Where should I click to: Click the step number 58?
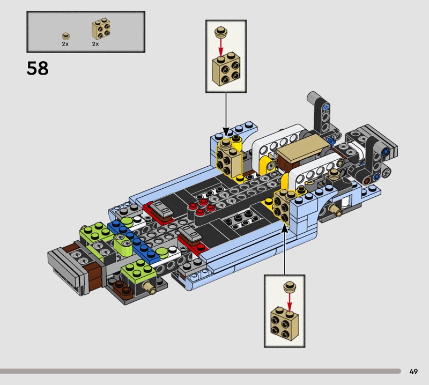[38, 68]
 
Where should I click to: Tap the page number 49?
[413, 371]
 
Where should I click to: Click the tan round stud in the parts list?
[65, 36]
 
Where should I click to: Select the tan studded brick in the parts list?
[101, 29]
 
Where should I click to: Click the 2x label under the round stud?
[65, 44]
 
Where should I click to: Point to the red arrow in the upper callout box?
[221, 47]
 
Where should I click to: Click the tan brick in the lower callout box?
[285, 324]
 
